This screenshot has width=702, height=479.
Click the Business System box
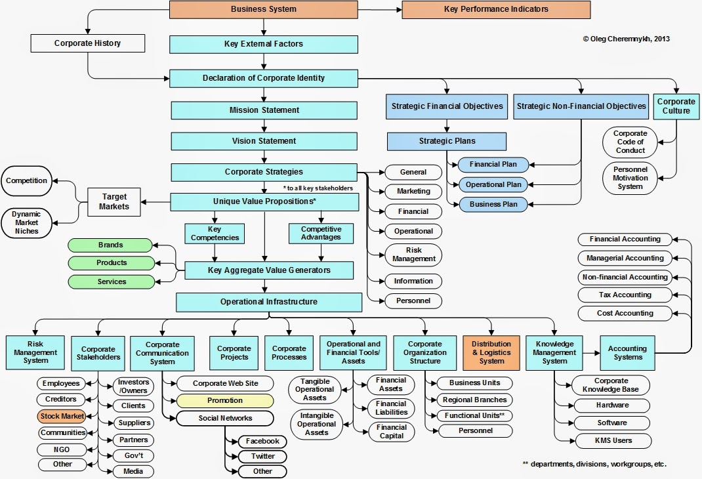pos(263,9)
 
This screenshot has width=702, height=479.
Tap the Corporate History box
pos(87,44)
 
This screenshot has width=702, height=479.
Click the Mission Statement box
pos(264,110)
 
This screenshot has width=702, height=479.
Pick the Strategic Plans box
pos(447,141)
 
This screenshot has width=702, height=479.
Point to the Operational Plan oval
pos(493,184)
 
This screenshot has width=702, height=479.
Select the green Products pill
pos(112,262)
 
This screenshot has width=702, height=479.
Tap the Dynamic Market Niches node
pos(25,222)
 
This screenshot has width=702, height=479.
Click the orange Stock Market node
pos(62,416)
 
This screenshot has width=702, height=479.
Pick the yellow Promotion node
pos(224,400)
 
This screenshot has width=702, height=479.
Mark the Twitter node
pos(262,456)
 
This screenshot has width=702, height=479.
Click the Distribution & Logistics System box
pos(491,352)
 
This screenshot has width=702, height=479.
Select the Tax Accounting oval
pos(625,295)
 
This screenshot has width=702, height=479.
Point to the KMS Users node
pos(611,440)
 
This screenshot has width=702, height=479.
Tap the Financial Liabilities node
pos(392,408)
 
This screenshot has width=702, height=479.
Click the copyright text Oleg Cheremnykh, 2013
pos(626,39)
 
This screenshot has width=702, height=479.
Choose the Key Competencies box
pos(215,233)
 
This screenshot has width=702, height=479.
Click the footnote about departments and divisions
pos(594,464)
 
